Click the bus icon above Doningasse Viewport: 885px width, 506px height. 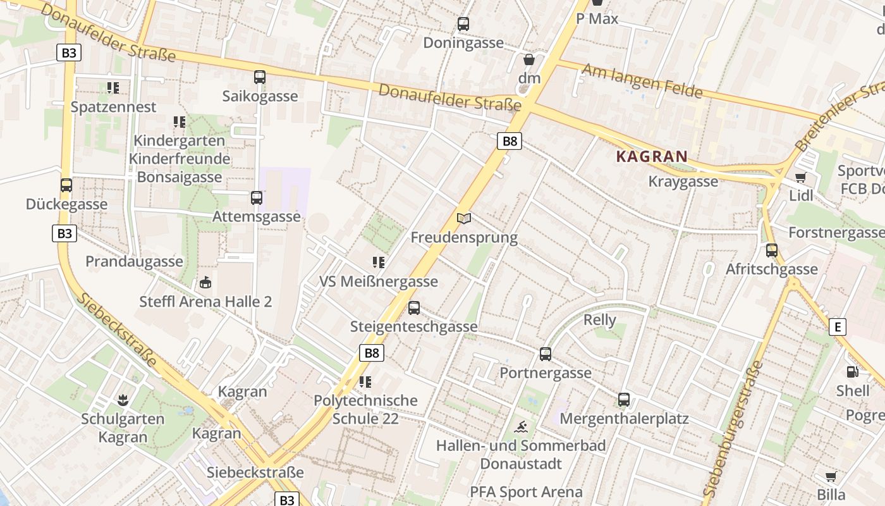(x=463, y=25)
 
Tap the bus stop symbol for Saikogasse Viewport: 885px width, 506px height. (x=260, y=77)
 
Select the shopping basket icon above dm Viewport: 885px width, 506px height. (x=529, y=59)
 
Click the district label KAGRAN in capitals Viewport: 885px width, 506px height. (x=652, y=156)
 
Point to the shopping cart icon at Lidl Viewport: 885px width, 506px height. (x=801, y=178)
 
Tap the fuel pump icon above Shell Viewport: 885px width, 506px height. (x=853, y=373)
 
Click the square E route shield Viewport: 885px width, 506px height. (x=838, y=327)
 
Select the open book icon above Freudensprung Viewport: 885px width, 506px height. (x=464, y=219)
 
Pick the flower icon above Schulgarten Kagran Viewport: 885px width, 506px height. (x=123, y=400)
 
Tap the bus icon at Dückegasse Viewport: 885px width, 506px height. (x=66, y=185)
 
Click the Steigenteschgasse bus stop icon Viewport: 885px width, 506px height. (x=414, y=308)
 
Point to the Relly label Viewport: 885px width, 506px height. (x=599, y=320)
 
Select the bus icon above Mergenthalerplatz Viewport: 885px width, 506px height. (x=624, y=400)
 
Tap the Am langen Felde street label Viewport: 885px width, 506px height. (x=642, y=81)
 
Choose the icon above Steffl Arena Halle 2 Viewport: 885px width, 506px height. (x=205, y=283)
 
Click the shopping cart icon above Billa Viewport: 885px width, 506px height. (x=831, y=476)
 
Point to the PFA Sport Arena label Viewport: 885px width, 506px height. (x=526, y=492)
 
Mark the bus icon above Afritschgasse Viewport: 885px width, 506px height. (x=772, y=250)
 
